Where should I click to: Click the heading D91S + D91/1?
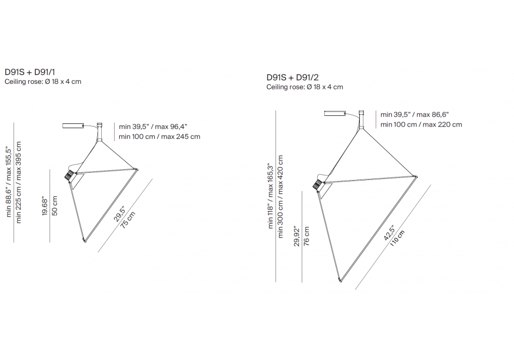(x=30, y=72)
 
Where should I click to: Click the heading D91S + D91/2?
(x=292, y=77)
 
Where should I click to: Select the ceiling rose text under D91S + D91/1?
(x=43, y=82)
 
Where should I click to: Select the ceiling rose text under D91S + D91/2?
(x=304, y=87)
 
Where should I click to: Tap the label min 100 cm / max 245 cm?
(x=159, y=136)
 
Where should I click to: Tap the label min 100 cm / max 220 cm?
(x=421, y=124)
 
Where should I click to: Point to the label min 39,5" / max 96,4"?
(x=153, y=127)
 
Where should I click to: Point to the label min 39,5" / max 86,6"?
(x=414, y=114)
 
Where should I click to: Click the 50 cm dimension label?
(x=55, y=206)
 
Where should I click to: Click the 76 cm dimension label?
(x=306, y=236)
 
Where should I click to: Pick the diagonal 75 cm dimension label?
(x=128, y=220)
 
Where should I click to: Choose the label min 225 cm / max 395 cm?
(x=19, y=183)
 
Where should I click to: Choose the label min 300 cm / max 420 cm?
(x=280, y=197)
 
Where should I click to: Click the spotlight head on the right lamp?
(x=318, y=184)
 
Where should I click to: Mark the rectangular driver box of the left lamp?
(x=73, y=125)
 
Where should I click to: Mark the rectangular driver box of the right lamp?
(x=335, y=114)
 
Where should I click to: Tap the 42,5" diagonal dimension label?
(x=390, y=233)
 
